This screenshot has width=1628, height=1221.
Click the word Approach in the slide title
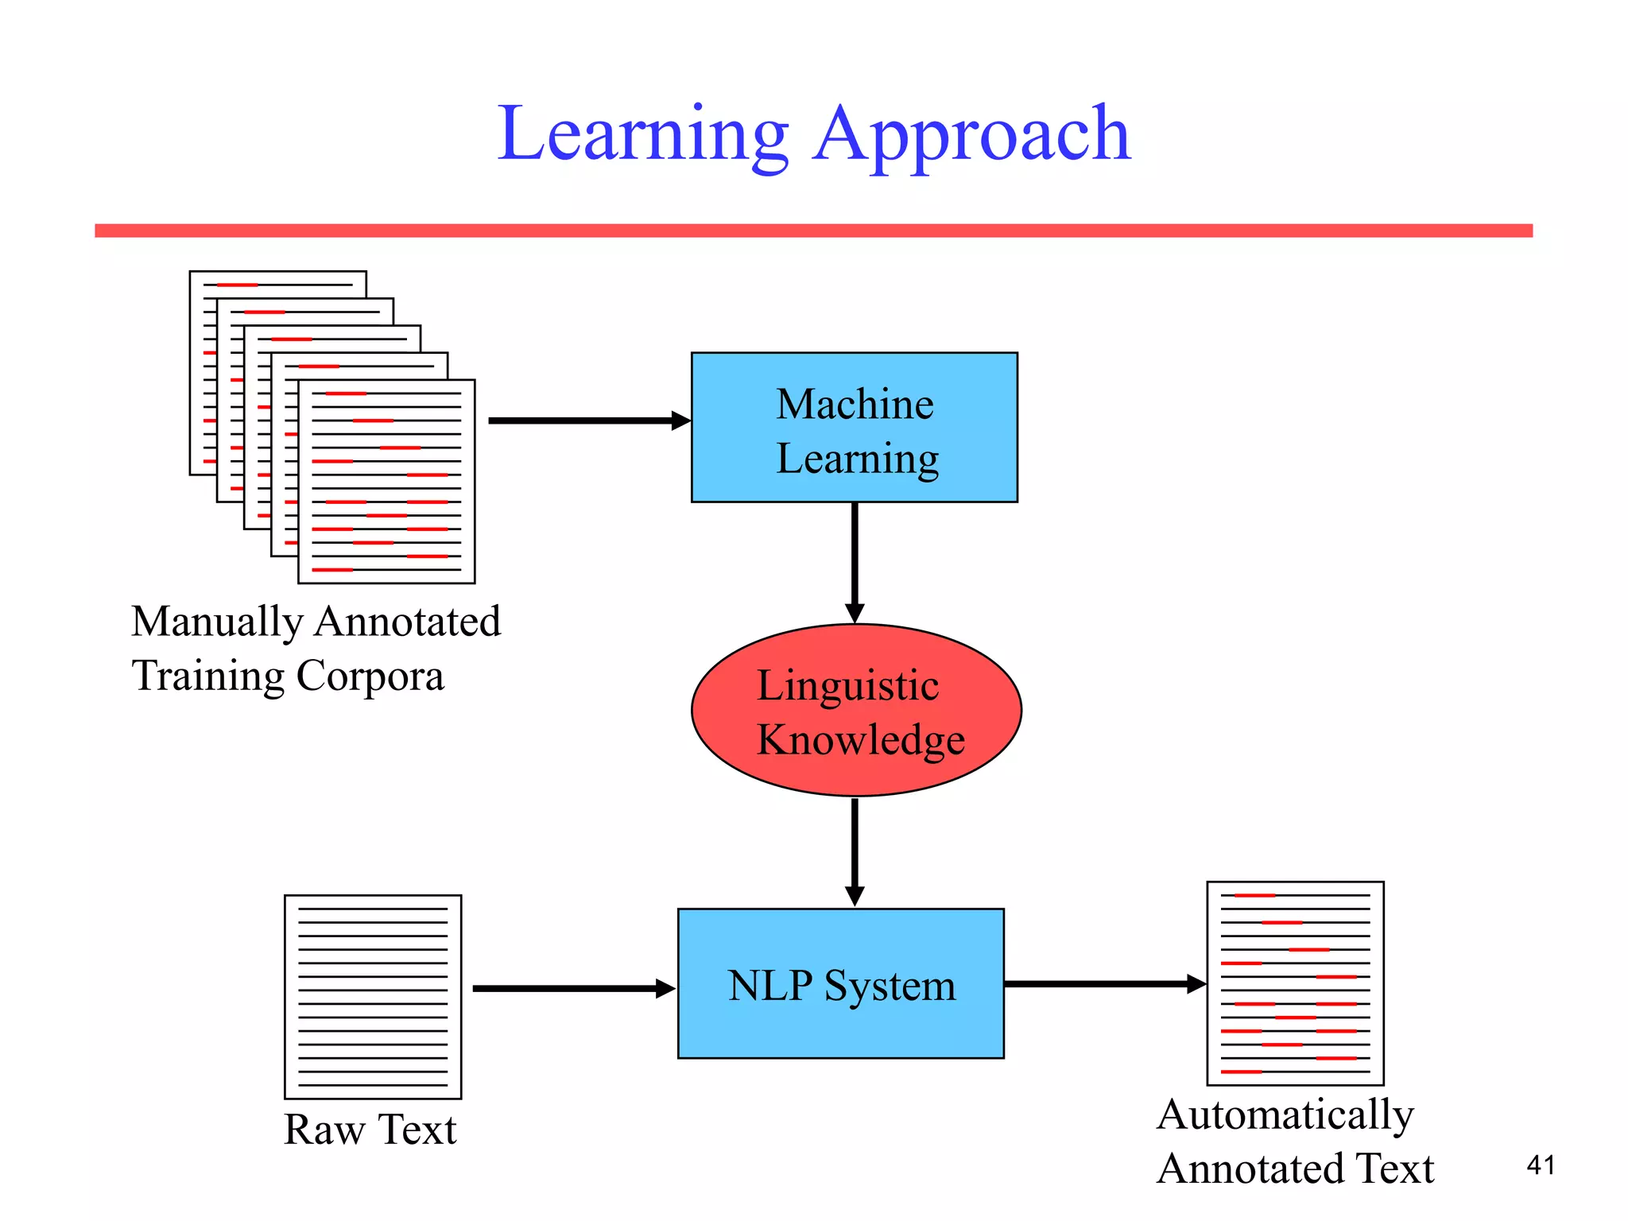tap(971, 135)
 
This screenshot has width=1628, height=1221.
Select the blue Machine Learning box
tap(854, 427)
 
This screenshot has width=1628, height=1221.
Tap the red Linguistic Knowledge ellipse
tap(856, 710)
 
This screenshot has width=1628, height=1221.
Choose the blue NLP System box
tap(840, 983)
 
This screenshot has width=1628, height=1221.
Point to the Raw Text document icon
tap(373, 997)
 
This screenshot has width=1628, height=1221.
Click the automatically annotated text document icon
tap(1295, 983)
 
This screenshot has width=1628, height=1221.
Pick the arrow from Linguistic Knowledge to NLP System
tap(855, 851)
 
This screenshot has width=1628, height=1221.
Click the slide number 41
tap(1541, 1165)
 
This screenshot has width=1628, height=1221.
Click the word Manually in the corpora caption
tap(216, 622)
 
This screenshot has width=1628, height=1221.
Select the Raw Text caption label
tap(370, 1130)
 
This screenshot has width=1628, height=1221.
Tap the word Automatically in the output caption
tap(1285, 1115)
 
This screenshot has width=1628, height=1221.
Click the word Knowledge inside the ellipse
tap(860, 740)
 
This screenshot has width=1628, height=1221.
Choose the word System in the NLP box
tap(890, 986)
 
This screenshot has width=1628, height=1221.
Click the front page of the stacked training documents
tap(386, 482)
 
